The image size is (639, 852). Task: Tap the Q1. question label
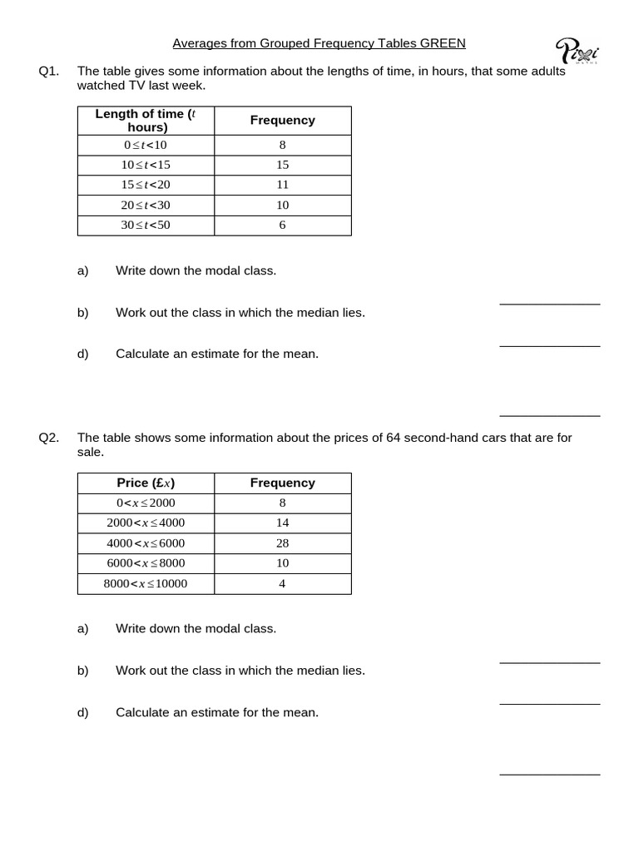point(49,72)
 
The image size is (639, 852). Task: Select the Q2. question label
point(49,438)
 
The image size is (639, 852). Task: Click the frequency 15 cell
point(282,165)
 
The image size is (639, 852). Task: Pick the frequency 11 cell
point(282,185)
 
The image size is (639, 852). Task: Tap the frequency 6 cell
point(282,225)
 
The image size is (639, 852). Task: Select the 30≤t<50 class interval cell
point(146,225)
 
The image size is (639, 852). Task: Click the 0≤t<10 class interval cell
point(146,145)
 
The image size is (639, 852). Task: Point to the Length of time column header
point(146,120)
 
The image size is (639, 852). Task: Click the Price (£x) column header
point(146,483)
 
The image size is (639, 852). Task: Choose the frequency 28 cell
point(282,543)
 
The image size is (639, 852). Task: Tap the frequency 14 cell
point(282,523)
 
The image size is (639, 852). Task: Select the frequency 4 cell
point(282,583)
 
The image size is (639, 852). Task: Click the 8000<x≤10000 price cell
point(146,583)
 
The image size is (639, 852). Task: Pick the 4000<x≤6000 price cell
point(146,543)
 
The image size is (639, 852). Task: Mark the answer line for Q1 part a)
point(549,304)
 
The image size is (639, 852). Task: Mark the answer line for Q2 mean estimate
point(549,774)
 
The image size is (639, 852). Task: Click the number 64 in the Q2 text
point(394,438)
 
